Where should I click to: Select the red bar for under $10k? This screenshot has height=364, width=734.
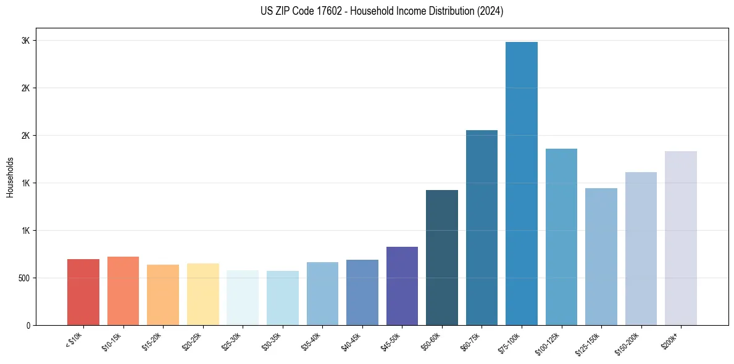83,292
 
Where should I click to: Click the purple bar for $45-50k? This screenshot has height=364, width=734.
402,286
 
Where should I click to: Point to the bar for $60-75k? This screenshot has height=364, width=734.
482,228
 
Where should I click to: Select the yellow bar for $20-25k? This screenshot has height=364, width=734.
202,294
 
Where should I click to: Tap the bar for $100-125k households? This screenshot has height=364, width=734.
561,237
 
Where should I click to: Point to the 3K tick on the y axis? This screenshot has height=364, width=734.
26,41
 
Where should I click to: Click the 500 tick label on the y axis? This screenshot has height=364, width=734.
23,278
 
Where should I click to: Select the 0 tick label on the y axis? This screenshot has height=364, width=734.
28,325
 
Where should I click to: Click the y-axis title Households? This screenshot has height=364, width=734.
10,177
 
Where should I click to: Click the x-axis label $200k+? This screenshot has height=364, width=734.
670,339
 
